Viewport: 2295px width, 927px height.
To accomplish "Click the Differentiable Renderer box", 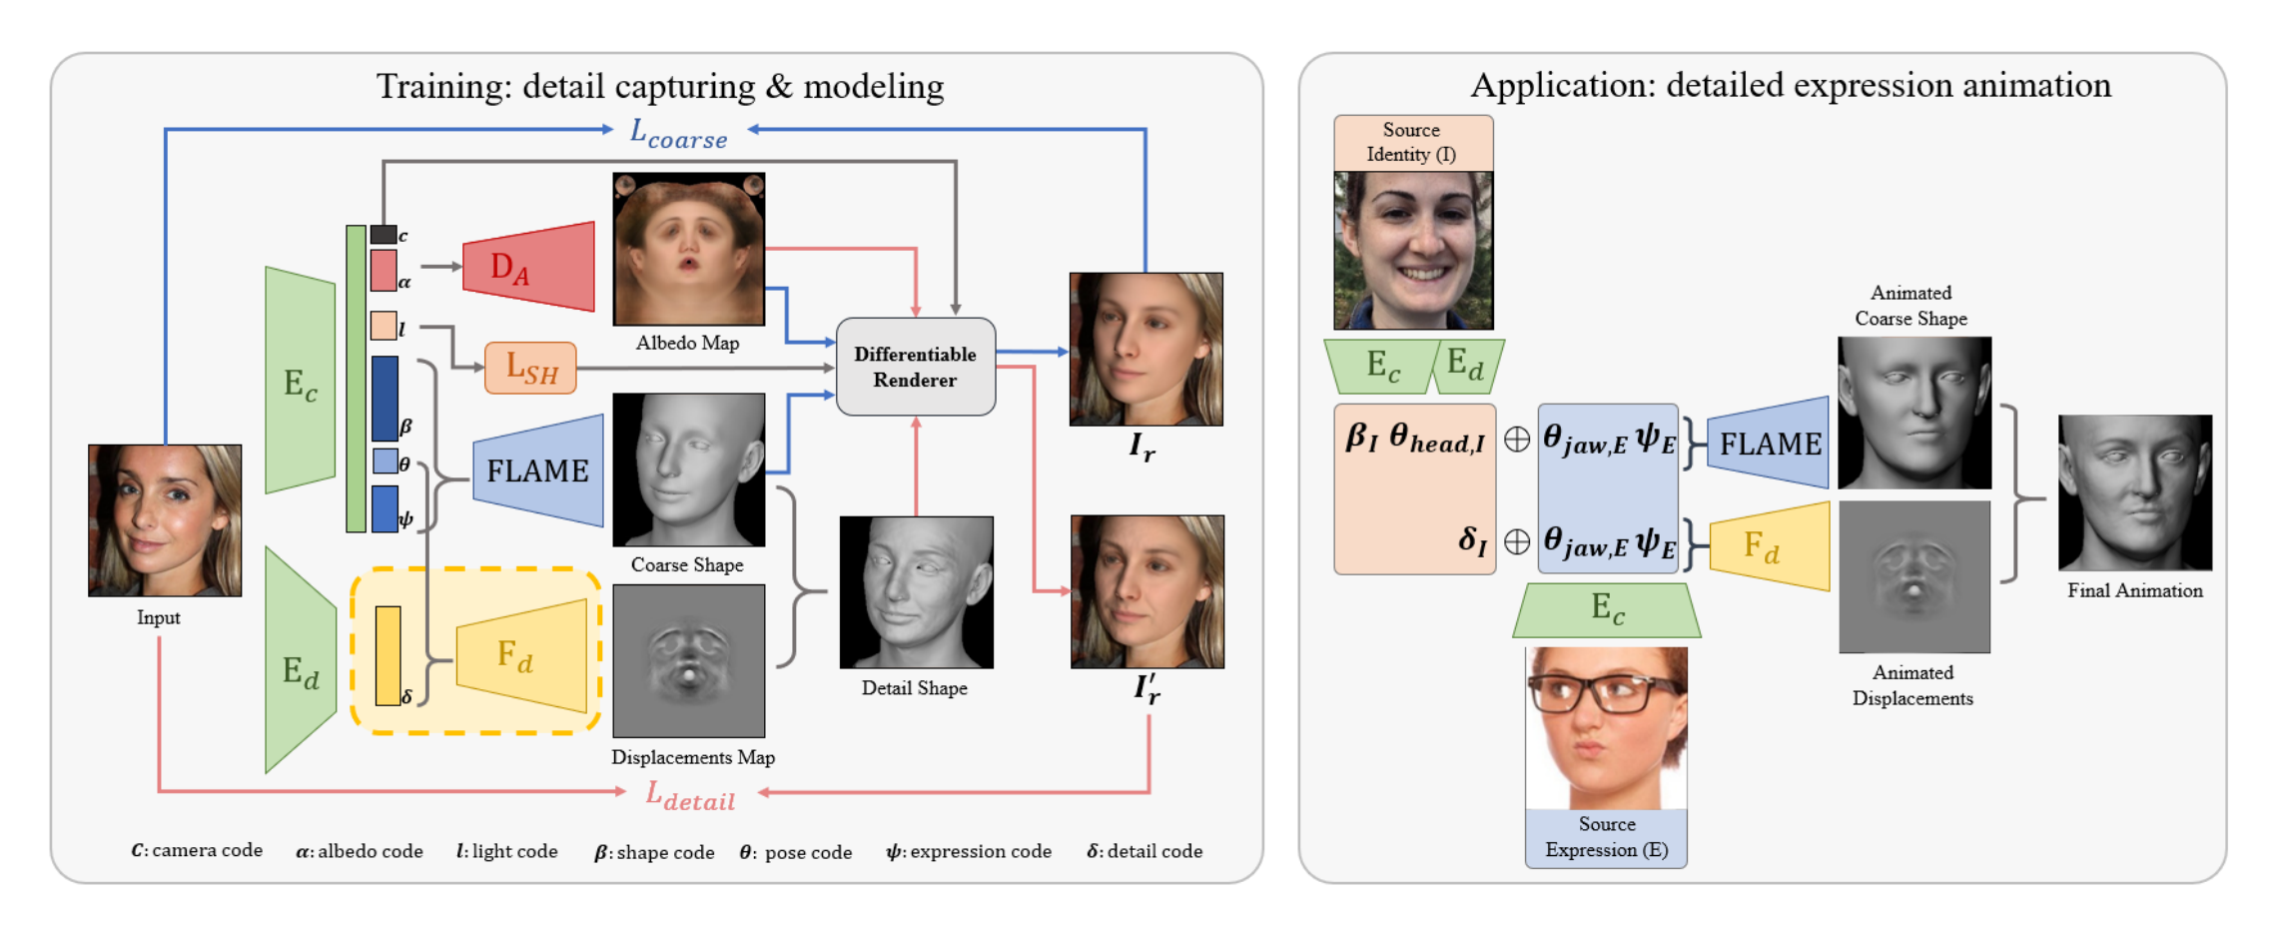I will (x=915, y=367).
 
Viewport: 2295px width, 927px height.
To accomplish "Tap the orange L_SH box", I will (x=530, y=368).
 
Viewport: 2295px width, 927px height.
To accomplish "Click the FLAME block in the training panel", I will (x=538, y=470).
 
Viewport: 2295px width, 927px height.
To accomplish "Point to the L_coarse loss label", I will (x=678, y=133).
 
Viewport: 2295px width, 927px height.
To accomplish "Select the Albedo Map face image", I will (x=688, y=249).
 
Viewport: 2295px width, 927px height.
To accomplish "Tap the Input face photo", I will (x=165, y=520).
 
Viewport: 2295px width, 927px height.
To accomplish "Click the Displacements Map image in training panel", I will (x=688, y=660).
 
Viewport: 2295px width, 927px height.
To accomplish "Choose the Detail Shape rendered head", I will (x=916, y=592).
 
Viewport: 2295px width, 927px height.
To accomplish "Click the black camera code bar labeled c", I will (x=383, y=235).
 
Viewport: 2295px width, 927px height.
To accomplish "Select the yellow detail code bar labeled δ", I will (x=387, y=655).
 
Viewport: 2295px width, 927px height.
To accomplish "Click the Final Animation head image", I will (x=2134, y=492).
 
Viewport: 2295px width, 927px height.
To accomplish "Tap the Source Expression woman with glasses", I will (x=1606, y=727).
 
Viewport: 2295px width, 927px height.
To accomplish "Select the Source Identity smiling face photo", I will (x=1413, y=250).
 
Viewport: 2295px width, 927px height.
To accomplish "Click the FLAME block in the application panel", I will (x=1769, y=443).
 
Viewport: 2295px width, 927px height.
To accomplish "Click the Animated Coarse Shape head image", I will (x=1913, y=413).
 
